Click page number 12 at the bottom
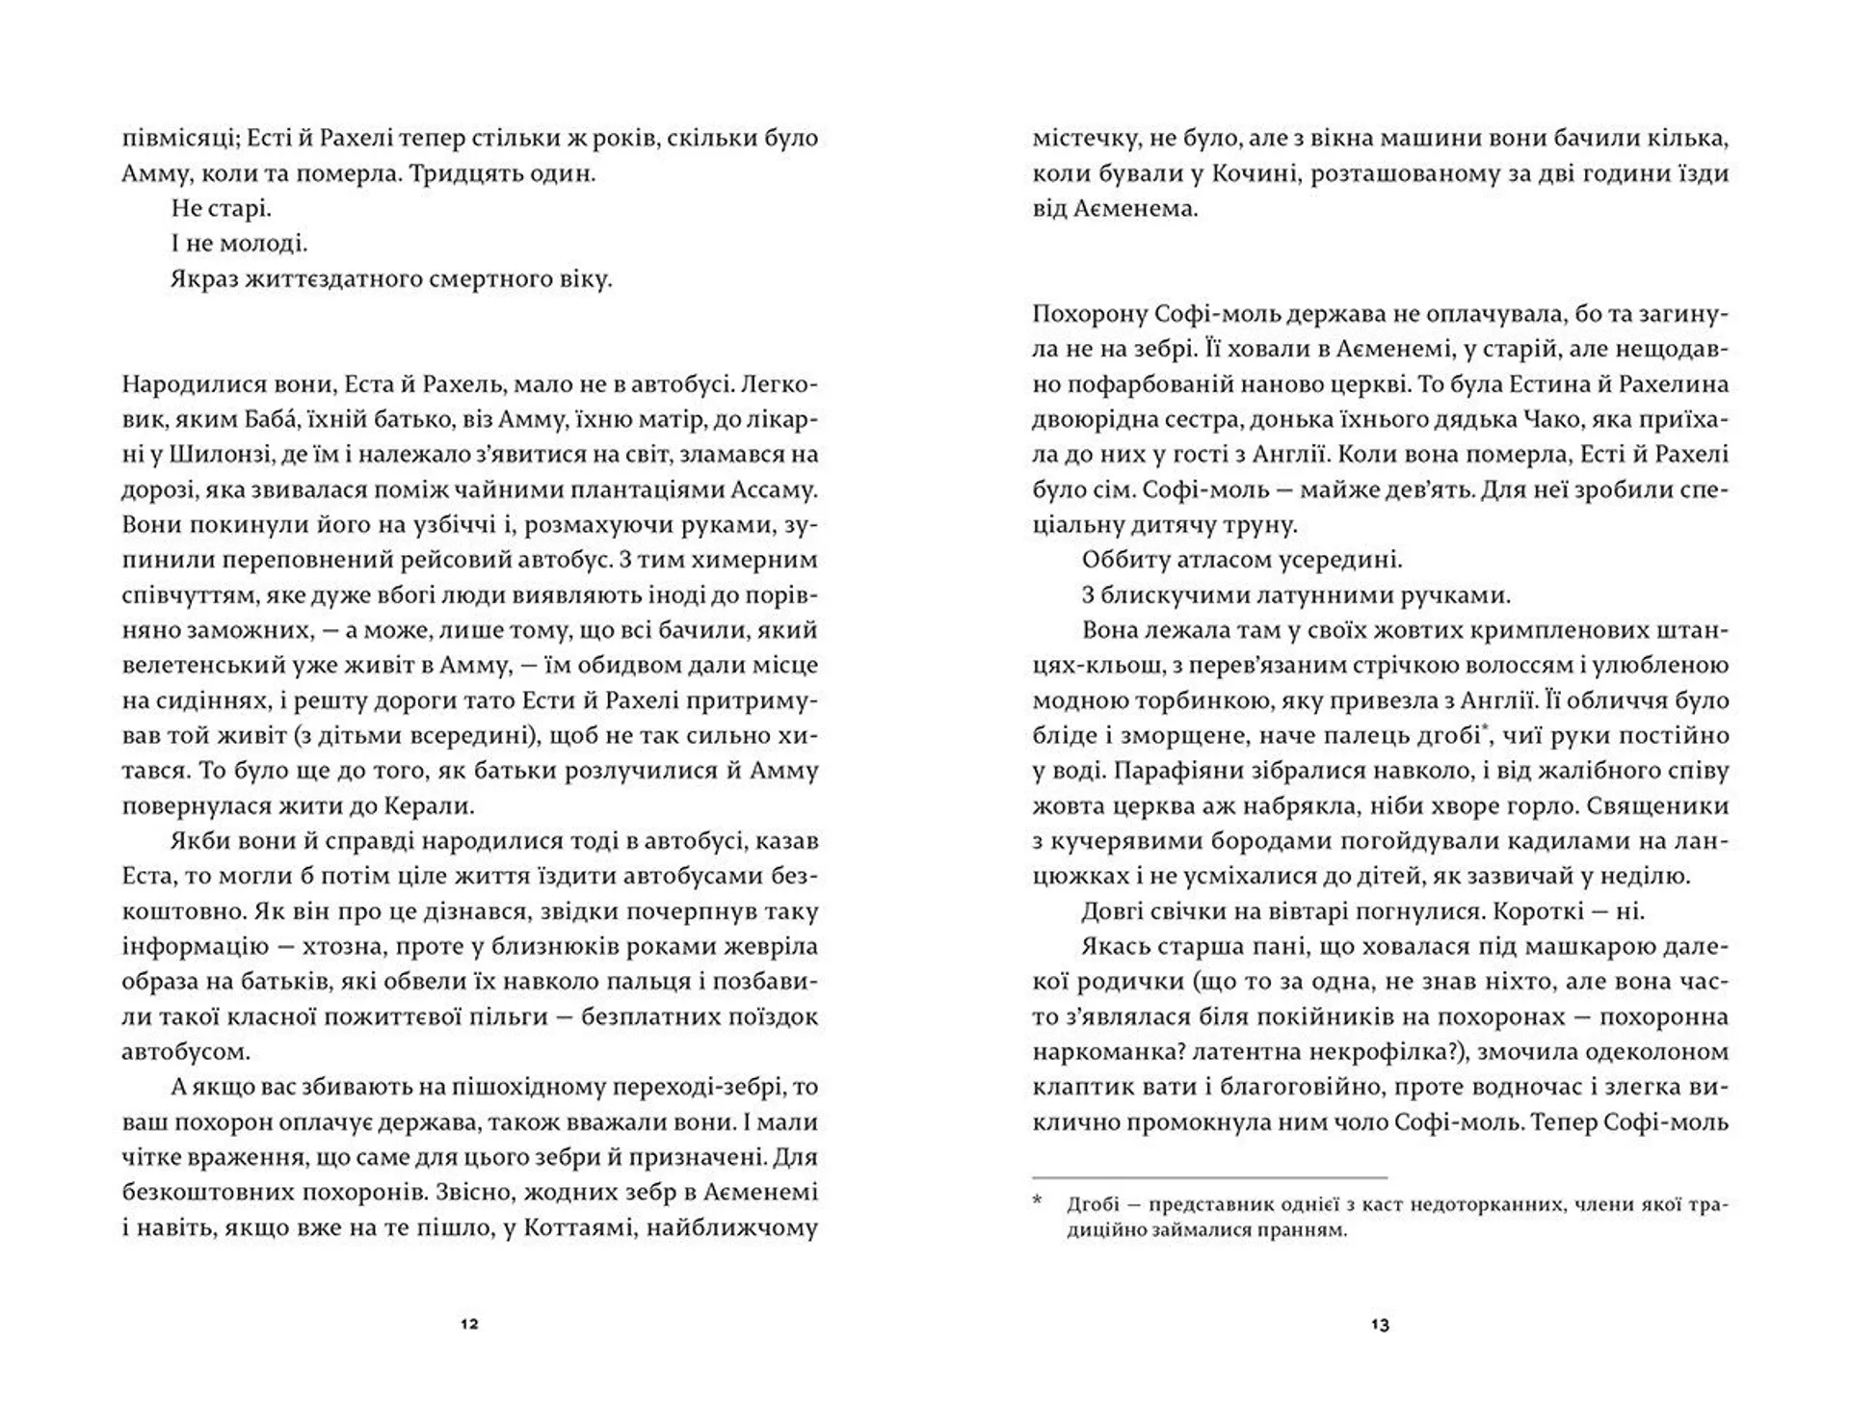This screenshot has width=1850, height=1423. point(469,1324)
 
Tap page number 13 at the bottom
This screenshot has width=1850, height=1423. point(1380,1325)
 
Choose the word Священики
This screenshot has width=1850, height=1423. point(1660,805)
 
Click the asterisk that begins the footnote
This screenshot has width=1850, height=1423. point(1038,1201)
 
